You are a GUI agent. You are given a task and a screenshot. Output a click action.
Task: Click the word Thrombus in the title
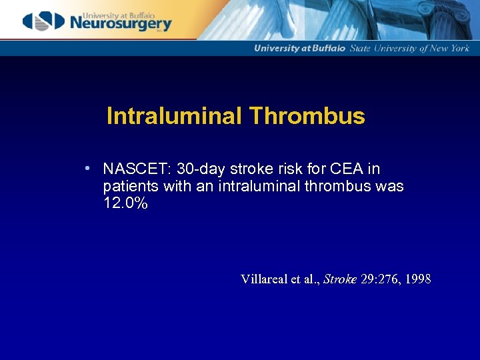pyautogui.click(x=307, y=117)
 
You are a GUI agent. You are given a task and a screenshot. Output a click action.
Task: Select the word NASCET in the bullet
pyautogui.click(x=136, y=169)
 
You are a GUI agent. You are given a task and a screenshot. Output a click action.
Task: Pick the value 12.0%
pyautogui.click(x=125, y=204)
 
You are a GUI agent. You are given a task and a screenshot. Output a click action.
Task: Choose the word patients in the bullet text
pyautogui.click(x=131, y=187)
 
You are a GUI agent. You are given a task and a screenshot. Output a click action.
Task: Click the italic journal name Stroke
pyautogui.click(x=340, y=279)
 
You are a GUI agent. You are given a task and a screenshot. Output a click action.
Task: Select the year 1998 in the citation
pyautogui.click(x=417, y=279)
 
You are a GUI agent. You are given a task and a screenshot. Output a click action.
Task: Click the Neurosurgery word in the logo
pyautogui.click(x=120, y=24)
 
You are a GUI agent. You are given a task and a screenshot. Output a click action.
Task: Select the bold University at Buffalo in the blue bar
pyautogui.click(x=299, y=48)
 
